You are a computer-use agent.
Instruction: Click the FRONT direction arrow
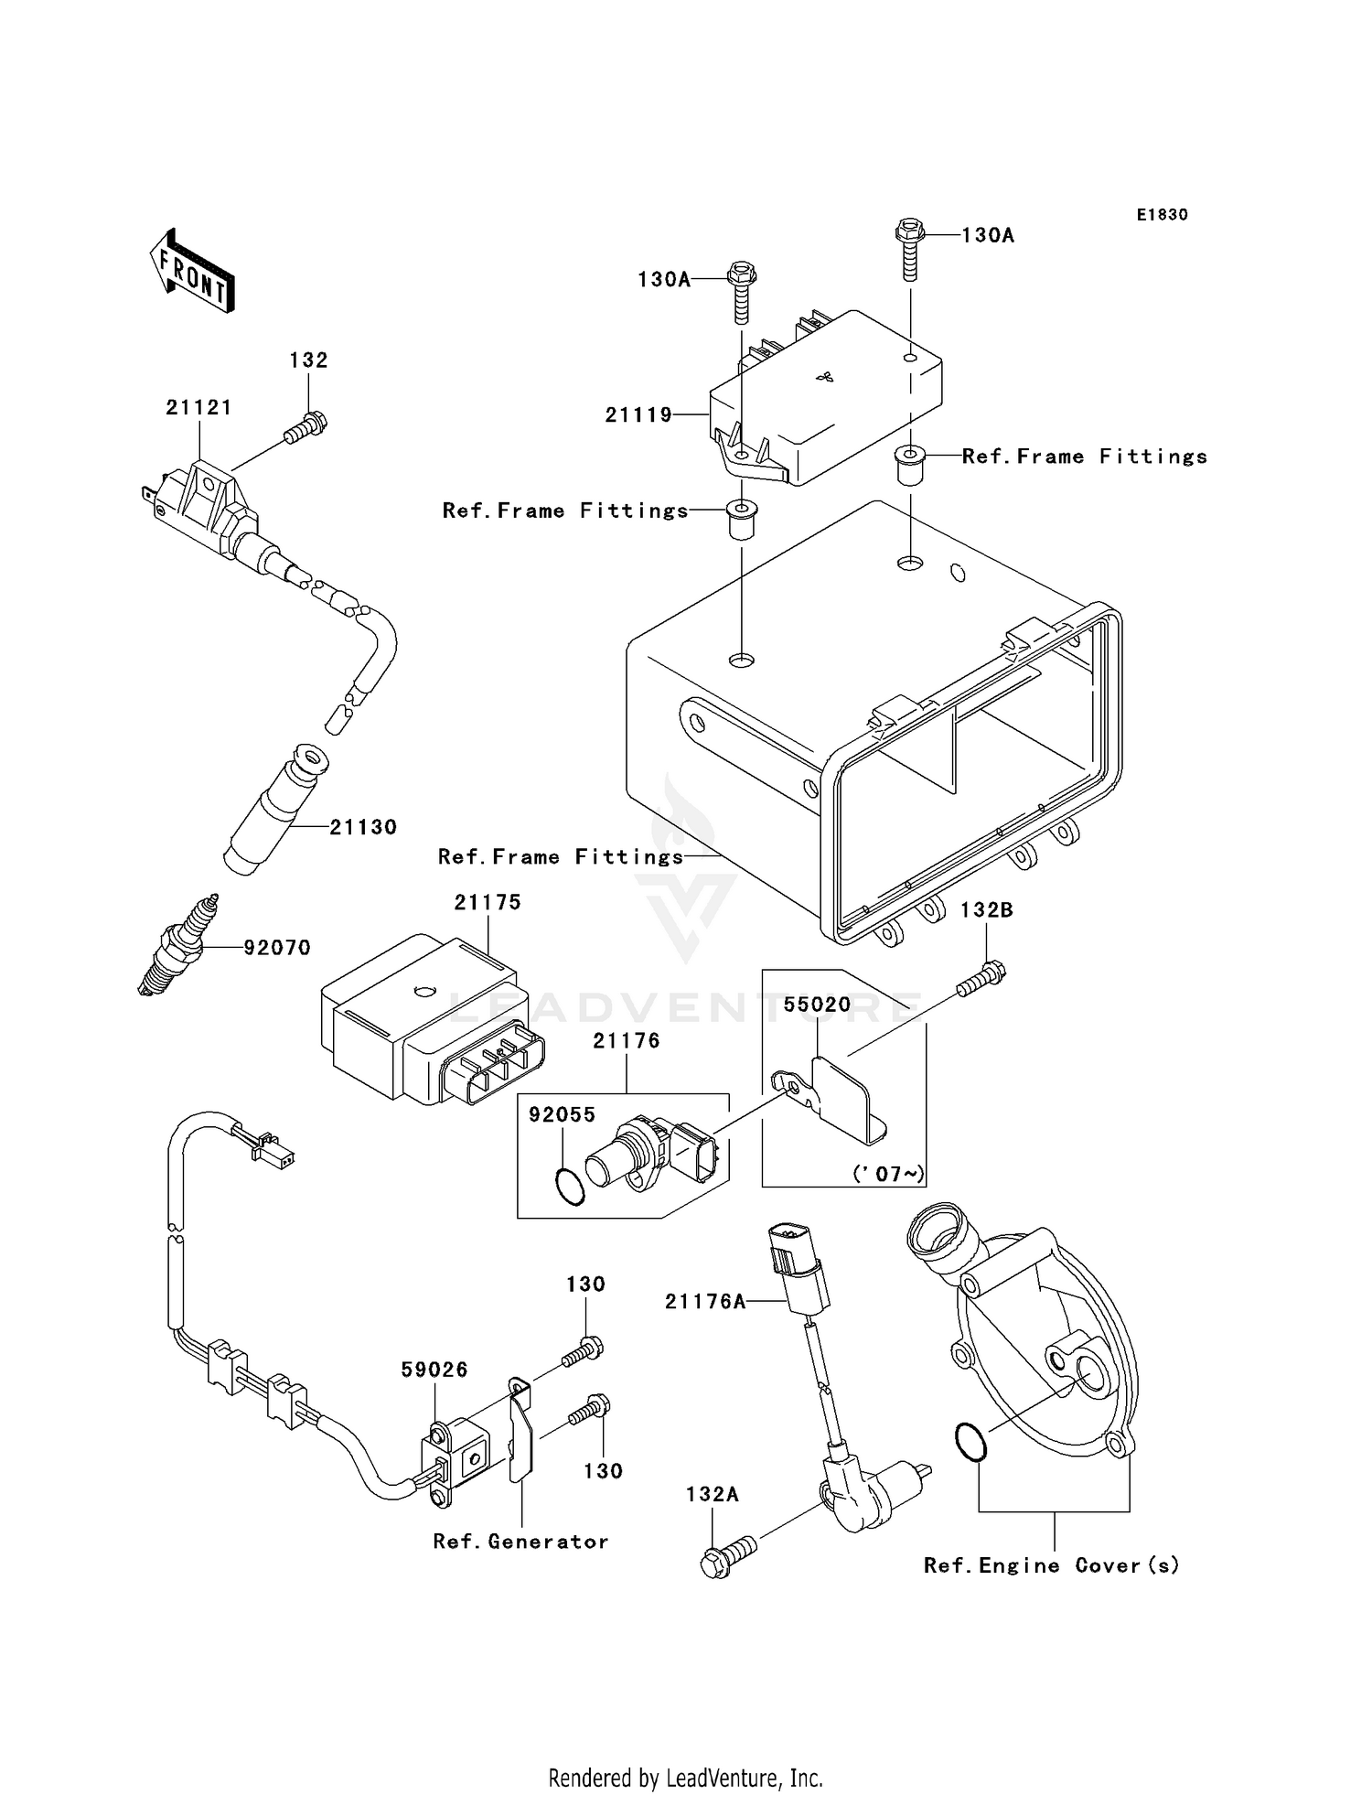coord(193,272)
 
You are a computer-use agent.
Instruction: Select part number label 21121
coord(198,407)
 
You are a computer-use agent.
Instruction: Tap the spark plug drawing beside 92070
coord(178,944)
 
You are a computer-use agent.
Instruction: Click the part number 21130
coord(363,827)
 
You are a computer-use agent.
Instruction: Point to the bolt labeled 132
coord(306,428)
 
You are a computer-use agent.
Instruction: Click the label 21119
coord(638,414)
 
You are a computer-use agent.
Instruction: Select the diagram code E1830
coord(1162,214)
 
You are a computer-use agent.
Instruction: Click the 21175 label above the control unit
coord(488,902)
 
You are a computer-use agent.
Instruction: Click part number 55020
coord(817,1005)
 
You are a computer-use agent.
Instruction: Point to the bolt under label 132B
coord(981,981)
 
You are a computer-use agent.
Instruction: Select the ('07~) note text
coord(888,1174)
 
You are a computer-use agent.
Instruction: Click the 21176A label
coord(705,1301)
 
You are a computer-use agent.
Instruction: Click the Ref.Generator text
coord(520,1542)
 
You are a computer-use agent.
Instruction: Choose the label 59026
coord(434,1370)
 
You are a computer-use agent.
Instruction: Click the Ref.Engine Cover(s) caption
coord(1051,1565)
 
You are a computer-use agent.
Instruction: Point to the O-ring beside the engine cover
coord(970,1441)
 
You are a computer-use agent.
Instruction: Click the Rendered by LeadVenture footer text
coord(685,1778)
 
